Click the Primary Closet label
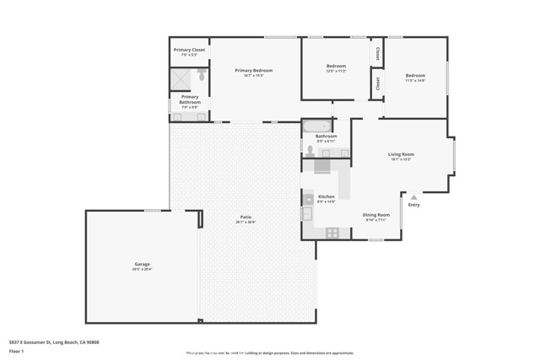tap(189, 51)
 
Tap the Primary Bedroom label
tap(254, 70)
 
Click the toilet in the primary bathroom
tap(202, 75)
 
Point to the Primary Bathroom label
tap(189, 99)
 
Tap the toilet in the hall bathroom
tap(310, 151)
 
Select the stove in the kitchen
tap(332, 232)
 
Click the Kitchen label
tap(326, 196)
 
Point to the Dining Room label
tap(375, 214)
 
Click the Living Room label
tap(401, 154)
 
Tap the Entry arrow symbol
tap(413, 197)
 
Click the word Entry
tap(413, 205)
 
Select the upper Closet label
tap(377, 52)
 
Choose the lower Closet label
tap(377, 83)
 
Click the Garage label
tap(141, 264)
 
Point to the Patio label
tap(246, 218)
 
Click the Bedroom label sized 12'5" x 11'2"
tap(336, 66)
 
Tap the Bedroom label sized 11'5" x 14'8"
tap(415, 75)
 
